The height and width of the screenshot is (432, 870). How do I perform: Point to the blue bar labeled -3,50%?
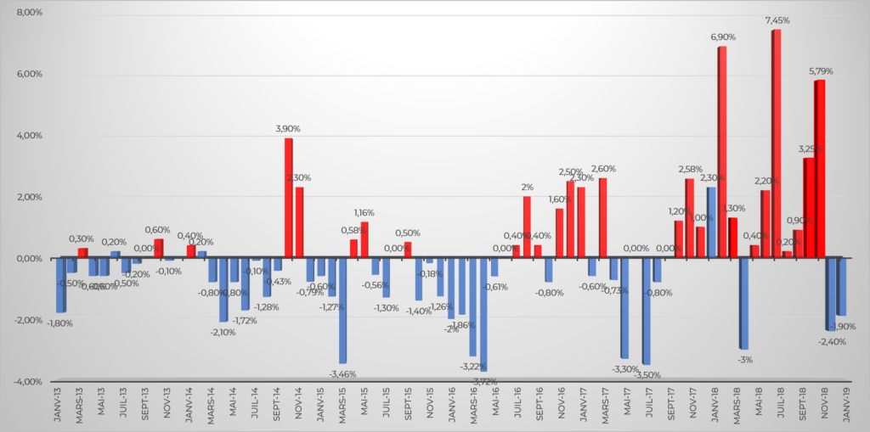[646, 311]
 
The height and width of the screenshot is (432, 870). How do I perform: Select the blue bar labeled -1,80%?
[60, 285]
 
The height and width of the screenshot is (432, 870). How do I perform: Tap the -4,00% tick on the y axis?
[28, 381]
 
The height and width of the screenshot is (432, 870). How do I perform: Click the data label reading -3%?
[745, 359]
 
